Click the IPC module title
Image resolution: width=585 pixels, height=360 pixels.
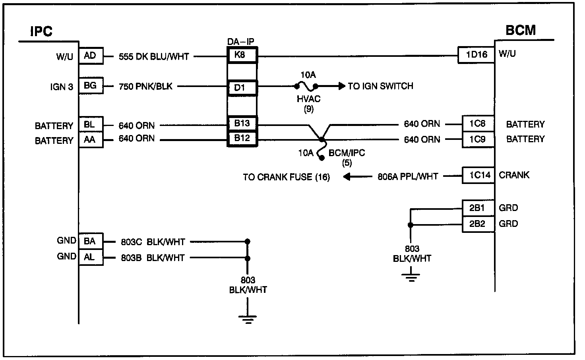point(41,31)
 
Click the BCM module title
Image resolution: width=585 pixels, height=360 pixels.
point(521,30)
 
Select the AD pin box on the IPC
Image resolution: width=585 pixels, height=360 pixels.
point(91,56)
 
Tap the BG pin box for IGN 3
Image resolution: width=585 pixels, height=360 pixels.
point(91,85)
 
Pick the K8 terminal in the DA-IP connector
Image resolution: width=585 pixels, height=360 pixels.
point(242,55)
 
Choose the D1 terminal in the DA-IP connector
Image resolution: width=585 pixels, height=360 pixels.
point(242,88)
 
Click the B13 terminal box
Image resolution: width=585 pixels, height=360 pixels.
point(242,123)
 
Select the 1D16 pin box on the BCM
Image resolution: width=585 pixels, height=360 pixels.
point(476,54)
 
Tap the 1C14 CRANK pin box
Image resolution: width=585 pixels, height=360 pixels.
point(478,175)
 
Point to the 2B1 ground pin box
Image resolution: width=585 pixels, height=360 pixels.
point(478,208)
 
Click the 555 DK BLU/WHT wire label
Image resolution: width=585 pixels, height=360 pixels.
point(154,57)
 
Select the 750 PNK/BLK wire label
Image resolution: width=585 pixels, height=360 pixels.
point(145,86)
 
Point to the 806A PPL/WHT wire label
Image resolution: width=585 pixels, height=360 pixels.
point(408,177)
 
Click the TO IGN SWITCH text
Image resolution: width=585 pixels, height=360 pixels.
point(380,86)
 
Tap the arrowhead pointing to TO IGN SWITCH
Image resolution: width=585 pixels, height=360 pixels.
point(342,86)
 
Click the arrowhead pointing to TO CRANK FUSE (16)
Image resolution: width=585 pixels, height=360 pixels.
point(347,177)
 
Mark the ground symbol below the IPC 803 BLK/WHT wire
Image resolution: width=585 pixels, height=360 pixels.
point(248,319)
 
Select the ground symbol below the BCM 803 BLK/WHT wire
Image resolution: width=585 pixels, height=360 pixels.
point(411,278)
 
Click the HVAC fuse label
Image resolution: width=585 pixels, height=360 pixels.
point(308,99)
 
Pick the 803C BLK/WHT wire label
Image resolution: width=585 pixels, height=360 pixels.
point(153,242)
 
